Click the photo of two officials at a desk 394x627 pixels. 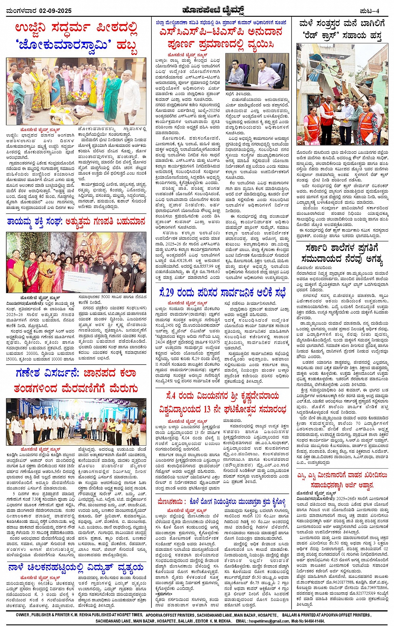pos(257,71)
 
